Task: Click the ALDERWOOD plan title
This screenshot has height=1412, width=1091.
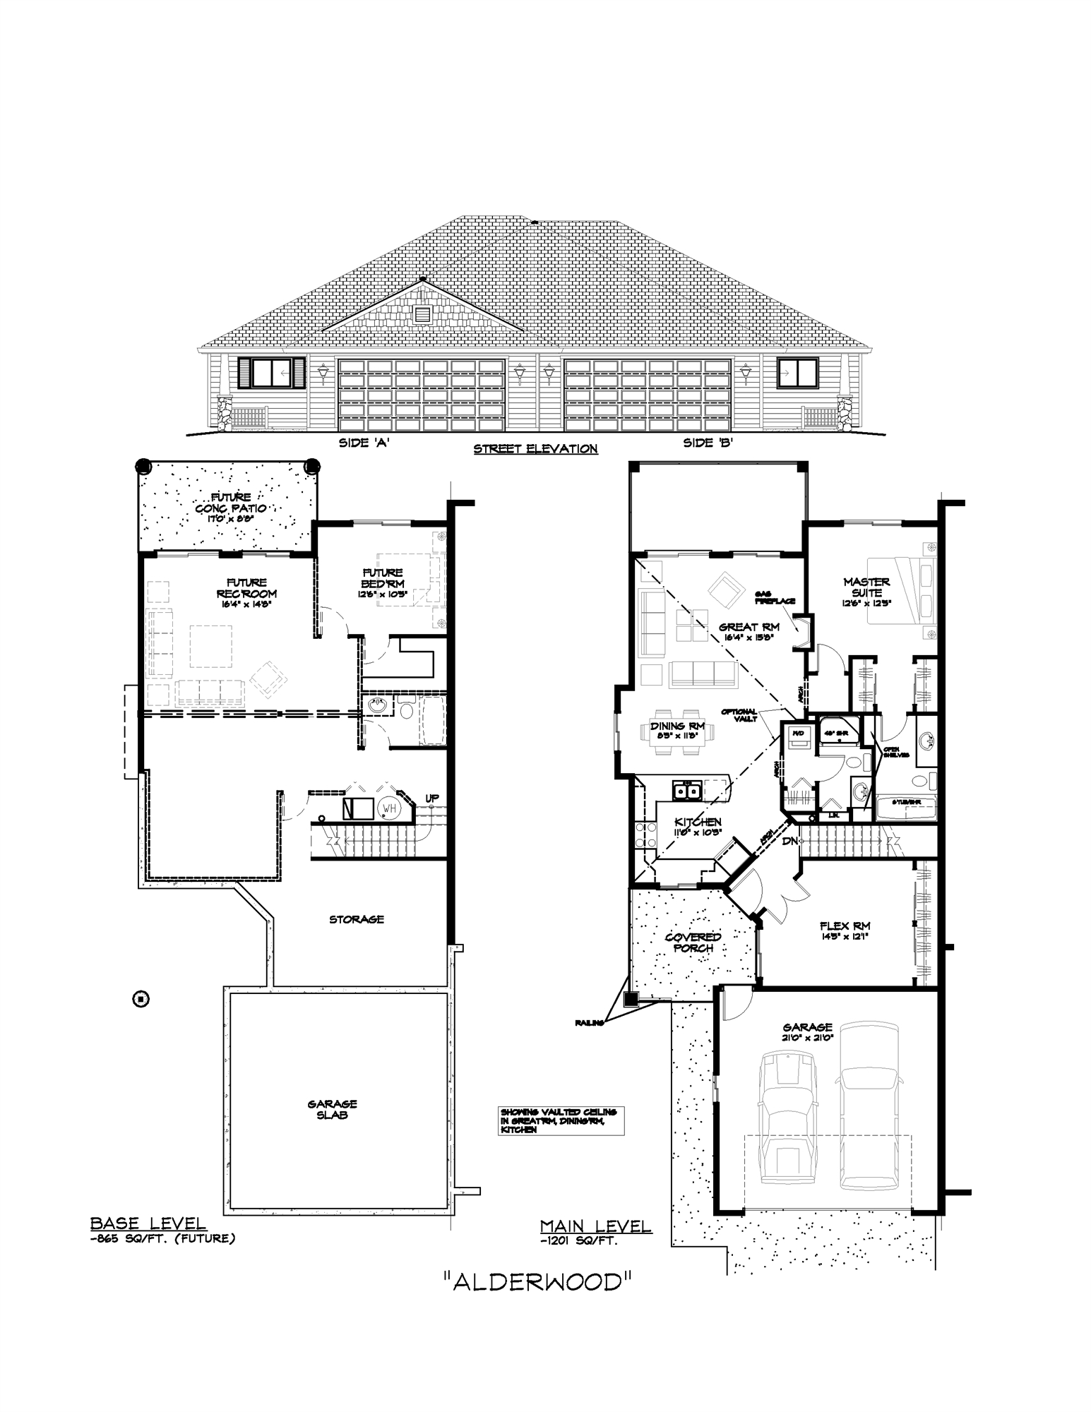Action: coord(536,1281)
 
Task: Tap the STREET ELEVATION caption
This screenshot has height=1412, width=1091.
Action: coord(535,449)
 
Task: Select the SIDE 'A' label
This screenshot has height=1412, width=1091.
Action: coord(364,443)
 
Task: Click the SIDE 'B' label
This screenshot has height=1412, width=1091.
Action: coord(708,443)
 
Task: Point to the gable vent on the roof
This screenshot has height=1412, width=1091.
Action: coord(422,314)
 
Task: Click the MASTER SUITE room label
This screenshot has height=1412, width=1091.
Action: coord(866,587)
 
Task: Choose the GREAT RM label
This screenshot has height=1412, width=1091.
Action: coord(749,627)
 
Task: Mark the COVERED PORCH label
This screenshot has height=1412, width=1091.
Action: coord(693,943)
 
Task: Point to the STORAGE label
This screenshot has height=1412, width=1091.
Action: coord(357,919)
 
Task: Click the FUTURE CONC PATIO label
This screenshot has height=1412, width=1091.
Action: coord(231,503)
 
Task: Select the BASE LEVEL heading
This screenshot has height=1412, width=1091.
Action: coord(148,1224)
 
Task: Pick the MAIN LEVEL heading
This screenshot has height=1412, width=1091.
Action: coord(595,1227)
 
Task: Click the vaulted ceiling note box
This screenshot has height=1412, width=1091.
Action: coord(561,1120)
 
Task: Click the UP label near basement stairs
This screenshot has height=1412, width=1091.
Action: coord(431,798)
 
